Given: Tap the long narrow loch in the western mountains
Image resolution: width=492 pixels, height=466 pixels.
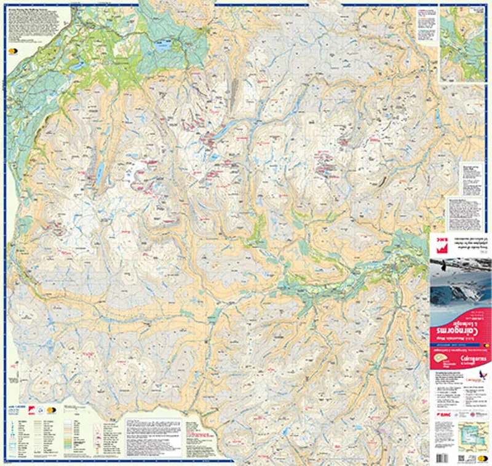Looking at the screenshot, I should point(99,174).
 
